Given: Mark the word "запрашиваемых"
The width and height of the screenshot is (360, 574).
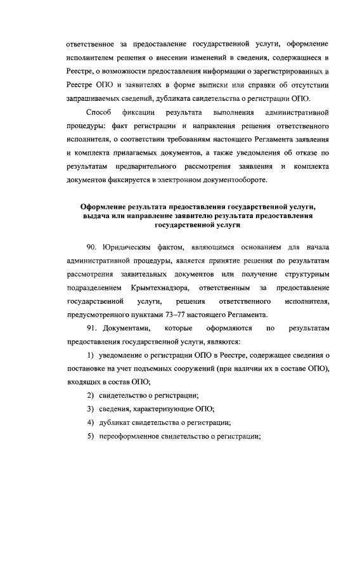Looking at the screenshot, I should [94, 98].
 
